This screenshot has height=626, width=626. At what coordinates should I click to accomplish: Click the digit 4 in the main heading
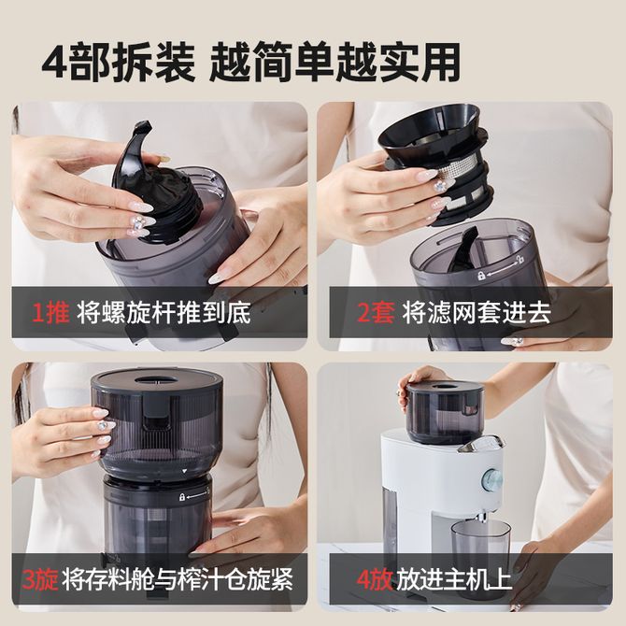55,64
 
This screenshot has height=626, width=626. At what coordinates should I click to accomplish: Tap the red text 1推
50,313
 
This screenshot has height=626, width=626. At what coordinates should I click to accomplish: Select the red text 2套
376,313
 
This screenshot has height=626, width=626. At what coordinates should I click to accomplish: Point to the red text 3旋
40,579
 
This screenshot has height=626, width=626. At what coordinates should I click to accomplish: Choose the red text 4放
374,579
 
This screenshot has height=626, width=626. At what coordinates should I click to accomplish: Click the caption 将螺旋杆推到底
164,313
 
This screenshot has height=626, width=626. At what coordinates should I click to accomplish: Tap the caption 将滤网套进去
477,313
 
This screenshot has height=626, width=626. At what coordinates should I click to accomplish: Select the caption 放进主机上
453,579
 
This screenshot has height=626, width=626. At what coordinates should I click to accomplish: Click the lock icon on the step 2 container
481,276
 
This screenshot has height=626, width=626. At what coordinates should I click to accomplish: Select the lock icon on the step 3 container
182,497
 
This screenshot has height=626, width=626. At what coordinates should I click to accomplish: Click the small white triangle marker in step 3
184,471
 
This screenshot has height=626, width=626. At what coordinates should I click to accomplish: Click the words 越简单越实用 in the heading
334,64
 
